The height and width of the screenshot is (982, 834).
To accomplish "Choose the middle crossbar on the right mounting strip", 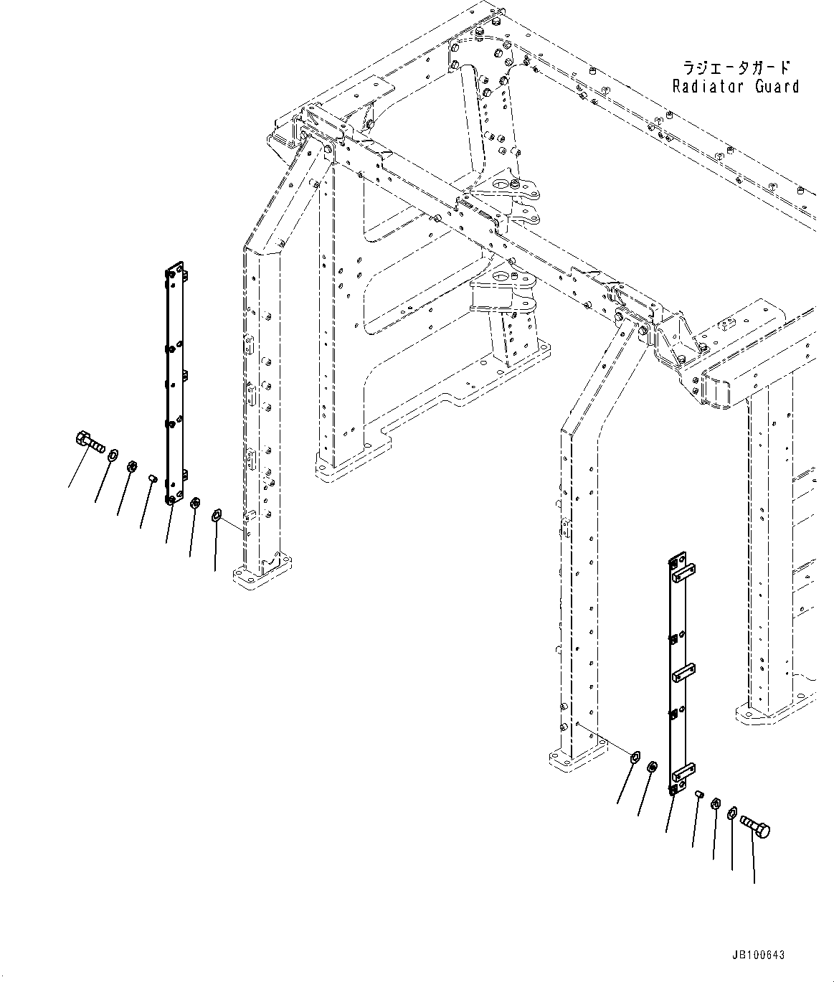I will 683,674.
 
